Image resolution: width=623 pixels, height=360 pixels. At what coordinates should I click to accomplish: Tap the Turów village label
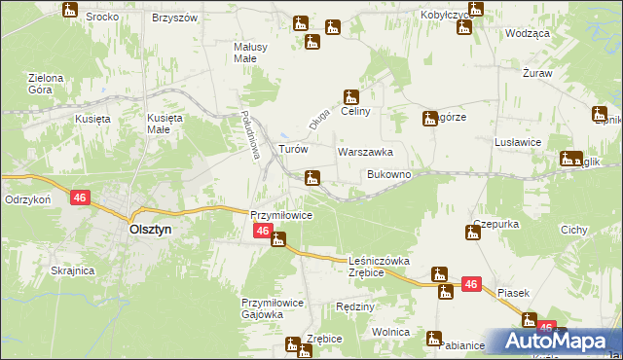tap(293, 150)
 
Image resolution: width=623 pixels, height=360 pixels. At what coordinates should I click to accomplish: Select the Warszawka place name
tap(365, 153)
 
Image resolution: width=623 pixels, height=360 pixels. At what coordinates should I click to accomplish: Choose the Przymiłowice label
tap(281, 215)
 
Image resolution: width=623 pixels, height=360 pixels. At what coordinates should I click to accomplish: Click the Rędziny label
tap(354, 306)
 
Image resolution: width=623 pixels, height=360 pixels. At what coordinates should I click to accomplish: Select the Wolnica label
tap(390, 332)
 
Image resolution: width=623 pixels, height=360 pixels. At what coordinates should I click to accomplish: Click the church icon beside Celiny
tap(350, 96)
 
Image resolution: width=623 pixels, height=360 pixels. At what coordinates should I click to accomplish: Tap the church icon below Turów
tap(311, 177)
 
